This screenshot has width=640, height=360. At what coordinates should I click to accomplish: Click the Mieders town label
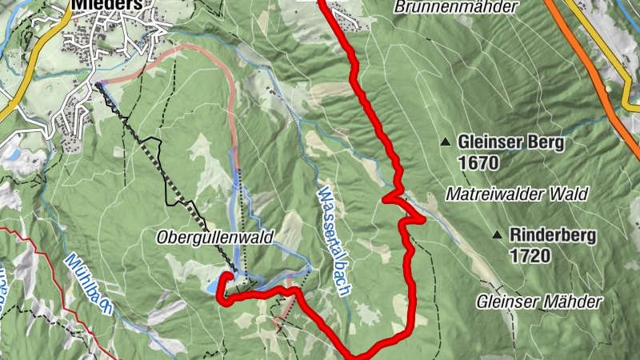[107, 4]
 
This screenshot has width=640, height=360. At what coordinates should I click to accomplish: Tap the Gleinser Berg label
[511, 142]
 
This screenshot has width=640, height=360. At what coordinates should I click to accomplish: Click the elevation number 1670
[479, 163]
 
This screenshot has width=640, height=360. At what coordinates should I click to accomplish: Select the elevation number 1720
[529, 256]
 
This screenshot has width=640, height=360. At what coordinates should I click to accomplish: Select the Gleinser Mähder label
[538, 302]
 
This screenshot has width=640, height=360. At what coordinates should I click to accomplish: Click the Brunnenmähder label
[457, 6]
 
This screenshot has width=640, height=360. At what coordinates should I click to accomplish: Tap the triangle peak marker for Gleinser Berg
[445, 142]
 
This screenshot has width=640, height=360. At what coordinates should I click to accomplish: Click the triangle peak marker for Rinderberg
[497, 236]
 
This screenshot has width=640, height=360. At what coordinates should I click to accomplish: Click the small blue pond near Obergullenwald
[214, 286]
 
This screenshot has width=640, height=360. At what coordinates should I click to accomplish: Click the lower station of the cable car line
[98, 84]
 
